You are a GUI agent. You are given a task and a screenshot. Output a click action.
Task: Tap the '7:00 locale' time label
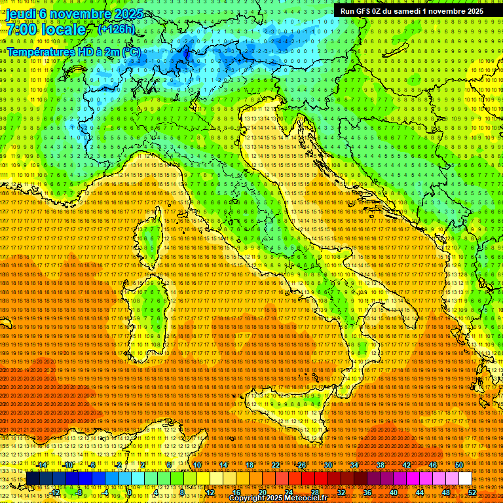(x=45, y=29)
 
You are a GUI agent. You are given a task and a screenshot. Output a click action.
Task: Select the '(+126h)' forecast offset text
(x=116, y=29)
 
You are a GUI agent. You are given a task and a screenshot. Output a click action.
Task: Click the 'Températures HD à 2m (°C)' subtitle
(x=73, y=51)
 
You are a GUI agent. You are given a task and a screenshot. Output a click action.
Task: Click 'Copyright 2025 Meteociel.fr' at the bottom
(x=282, y=498)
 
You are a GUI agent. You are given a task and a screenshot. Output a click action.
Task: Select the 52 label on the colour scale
(x=472, y=492)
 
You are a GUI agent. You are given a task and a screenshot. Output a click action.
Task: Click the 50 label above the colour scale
(x=458, y=465)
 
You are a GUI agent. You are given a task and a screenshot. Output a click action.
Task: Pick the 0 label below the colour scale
(x=130, y=492)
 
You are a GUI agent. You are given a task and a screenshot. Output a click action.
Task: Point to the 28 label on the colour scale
(x=314, y=492)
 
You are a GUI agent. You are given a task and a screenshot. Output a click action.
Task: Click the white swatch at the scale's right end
(x=465, y=479)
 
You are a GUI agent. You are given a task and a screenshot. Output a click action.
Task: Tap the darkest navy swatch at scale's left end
(x=33, y=479)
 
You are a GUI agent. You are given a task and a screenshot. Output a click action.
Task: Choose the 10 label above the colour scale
(x=196, y=465)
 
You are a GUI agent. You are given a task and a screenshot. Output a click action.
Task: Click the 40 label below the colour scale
(x=393, y=492)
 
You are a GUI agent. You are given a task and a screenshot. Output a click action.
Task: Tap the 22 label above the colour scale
(x=275, y=465)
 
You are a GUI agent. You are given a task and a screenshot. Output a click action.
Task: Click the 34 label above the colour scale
(x=354, y=465)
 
